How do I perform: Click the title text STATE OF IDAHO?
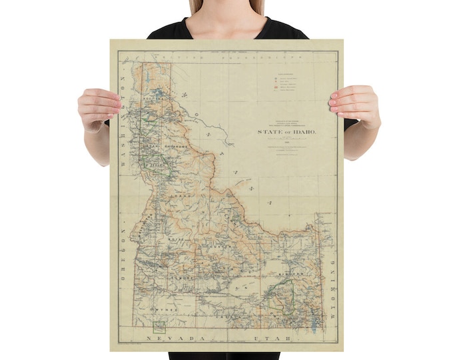(286, 132)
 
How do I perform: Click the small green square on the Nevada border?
(159, 326)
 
